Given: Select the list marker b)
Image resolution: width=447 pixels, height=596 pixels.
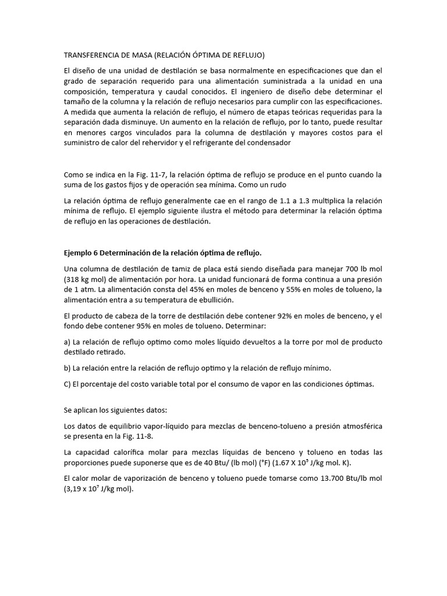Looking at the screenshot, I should pyautogui.click(x=68, y=368).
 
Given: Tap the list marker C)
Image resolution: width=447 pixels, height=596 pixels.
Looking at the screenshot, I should pyautogui.click(x=68, y=384).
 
